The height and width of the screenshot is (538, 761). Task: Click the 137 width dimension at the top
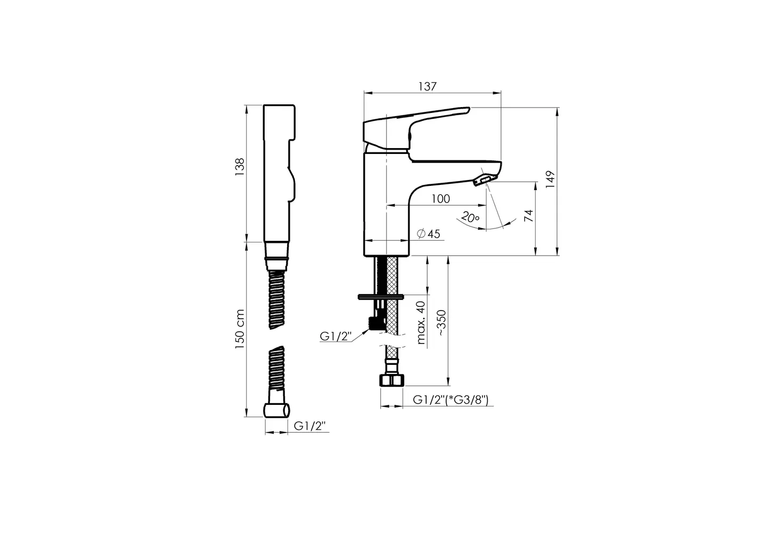(427, 86)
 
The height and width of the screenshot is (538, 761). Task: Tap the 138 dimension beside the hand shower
(240, 167)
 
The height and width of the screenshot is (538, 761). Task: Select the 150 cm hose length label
(240, 329)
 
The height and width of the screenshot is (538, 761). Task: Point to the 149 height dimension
(550, 180)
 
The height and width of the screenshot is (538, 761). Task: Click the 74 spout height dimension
(529, 216)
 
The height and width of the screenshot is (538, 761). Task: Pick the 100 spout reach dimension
(440, 199)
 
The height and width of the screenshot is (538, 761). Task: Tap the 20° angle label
(470, 217)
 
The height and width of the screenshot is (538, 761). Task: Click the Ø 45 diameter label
(428, 234)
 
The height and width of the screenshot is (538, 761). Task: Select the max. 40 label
(421, 322)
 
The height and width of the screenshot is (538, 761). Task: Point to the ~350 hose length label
(441, 323)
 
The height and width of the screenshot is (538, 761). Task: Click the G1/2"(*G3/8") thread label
(451, 400)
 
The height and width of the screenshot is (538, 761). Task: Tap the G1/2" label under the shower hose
(309, 426)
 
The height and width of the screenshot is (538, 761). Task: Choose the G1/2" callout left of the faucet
(336, 336)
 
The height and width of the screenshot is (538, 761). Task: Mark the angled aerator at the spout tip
(483, 179)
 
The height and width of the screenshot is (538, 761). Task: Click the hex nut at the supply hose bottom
(392, 380)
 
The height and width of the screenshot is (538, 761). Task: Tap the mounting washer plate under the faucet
(381, 297)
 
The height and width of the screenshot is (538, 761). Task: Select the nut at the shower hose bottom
(277, 410)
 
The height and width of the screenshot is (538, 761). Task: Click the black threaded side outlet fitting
(377, 323)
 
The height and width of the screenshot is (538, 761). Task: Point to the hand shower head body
(279, 173)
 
